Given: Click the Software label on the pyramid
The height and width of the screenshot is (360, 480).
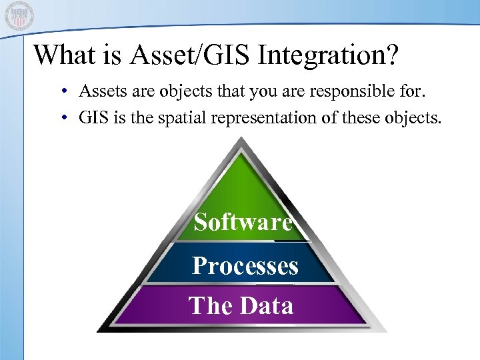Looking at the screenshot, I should tap(243, 222).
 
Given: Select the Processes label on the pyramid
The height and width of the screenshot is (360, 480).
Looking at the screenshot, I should tap(245, 266).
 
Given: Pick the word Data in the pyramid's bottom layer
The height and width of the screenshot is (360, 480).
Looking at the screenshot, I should tap(266, 305).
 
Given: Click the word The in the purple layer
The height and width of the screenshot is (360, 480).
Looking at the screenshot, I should tap(211, 305).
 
